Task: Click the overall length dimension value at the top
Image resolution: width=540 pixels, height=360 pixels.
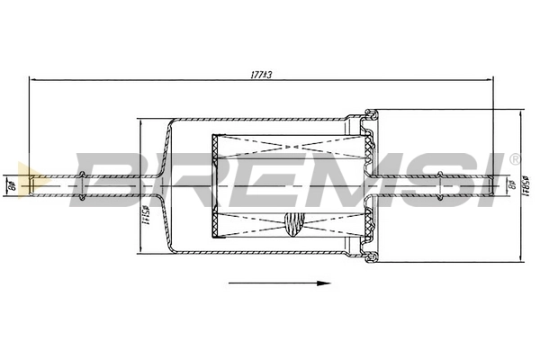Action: pos(261,75)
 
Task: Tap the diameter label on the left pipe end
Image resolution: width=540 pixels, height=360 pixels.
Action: pos(13,187)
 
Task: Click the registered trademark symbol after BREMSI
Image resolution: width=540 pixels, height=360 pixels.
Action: pos(514,159)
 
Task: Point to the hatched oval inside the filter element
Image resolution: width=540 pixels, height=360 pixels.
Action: pos(294,221)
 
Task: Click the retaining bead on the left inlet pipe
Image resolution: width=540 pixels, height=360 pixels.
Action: pos(83,186)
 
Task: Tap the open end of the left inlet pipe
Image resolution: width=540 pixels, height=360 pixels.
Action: pos(33,186)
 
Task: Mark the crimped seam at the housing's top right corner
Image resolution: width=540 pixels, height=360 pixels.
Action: pos(370,115)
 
